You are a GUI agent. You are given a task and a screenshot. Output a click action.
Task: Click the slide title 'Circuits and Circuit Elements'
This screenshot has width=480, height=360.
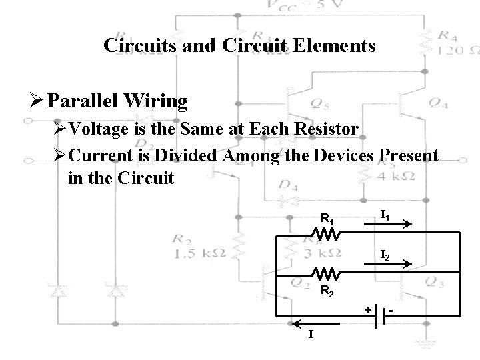click(x=239, y=46)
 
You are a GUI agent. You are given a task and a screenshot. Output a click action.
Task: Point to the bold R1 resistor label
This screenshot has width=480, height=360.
click(x=327, y=217)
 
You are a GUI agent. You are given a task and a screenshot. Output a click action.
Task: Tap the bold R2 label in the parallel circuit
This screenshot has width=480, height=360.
click(x=328, y=291)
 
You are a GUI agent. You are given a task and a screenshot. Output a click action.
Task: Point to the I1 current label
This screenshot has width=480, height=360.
click(x=385, y=214)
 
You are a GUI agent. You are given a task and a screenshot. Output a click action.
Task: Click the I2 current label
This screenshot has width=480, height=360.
click(x=385, y=254)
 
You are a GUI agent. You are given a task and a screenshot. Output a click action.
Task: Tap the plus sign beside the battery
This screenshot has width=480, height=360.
click(x=367, y=310)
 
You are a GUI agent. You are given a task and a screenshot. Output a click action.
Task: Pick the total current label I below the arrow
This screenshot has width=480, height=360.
click(x=311, y=334)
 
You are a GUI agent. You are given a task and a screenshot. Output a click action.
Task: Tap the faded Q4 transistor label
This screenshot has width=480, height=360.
click(x=439, y=103)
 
